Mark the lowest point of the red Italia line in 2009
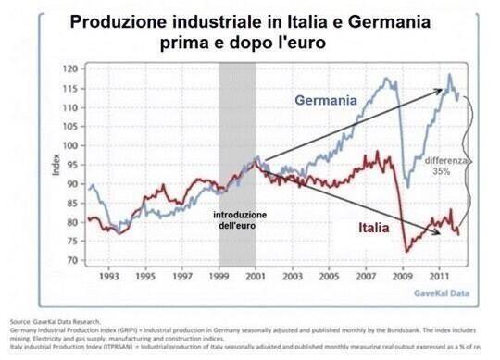coord(406,251)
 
